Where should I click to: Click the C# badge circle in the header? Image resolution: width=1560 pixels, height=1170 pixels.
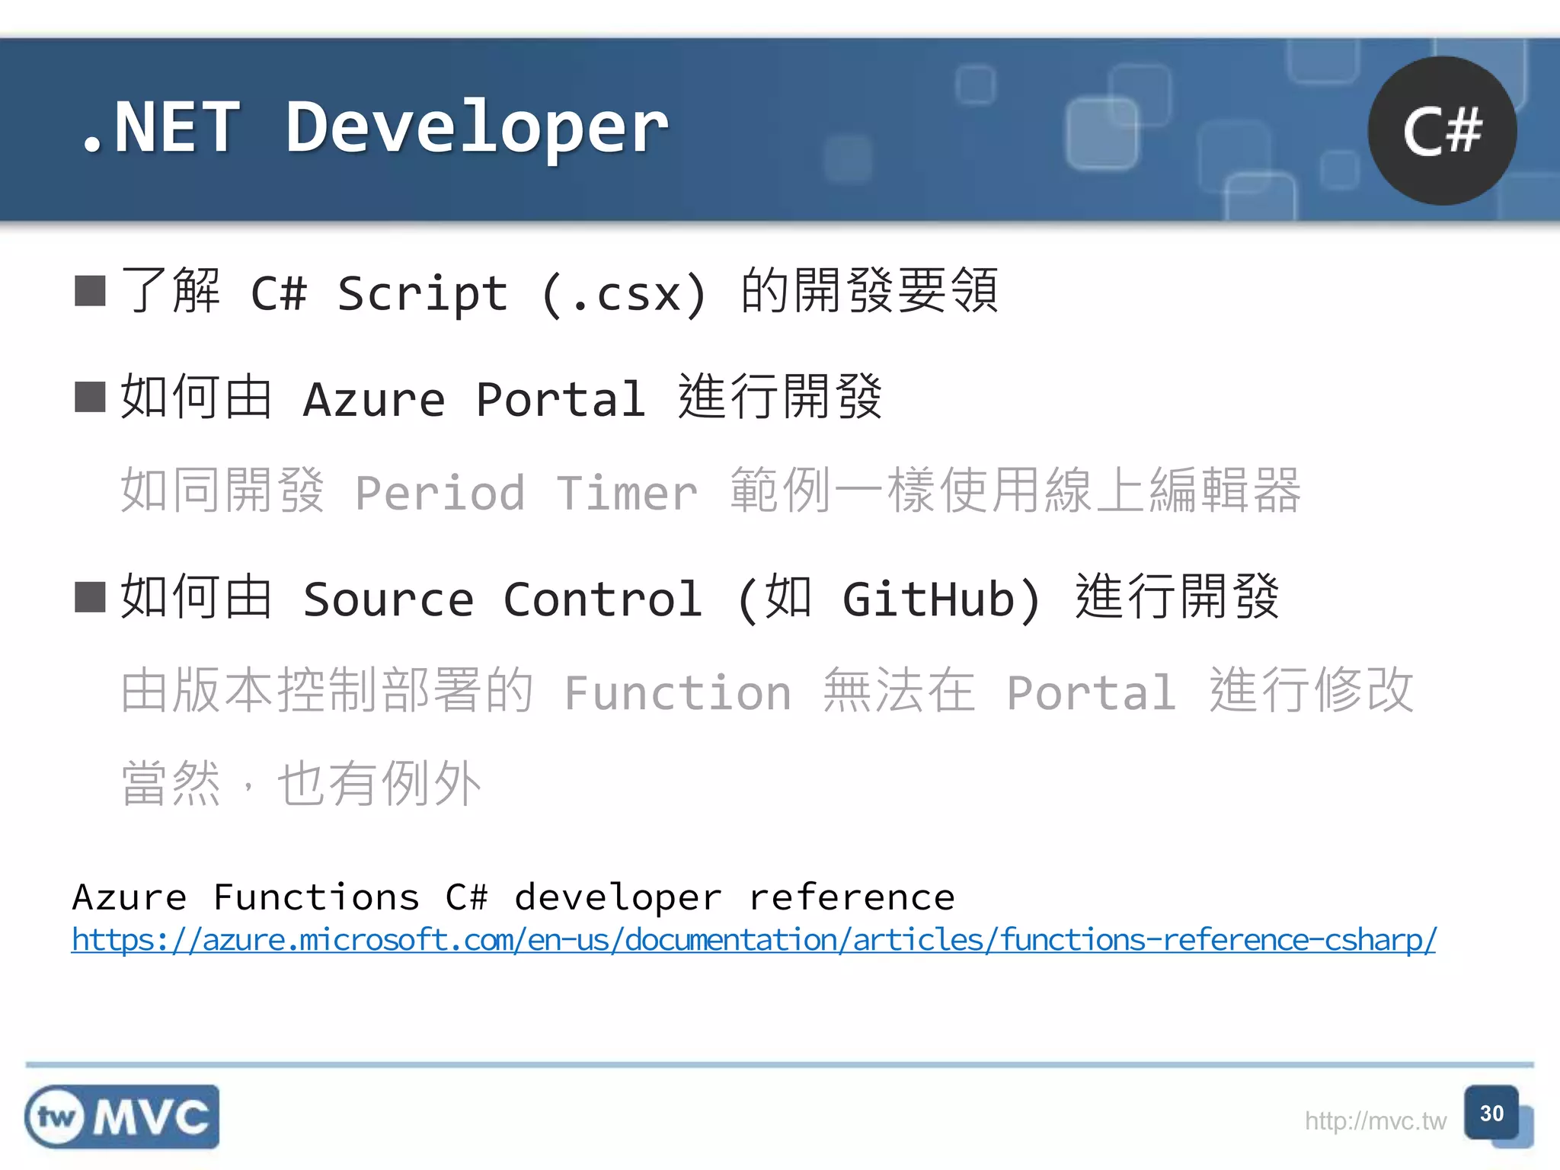tap(1442, 131)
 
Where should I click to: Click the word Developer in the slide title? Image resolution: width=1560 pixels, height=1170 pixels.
tap(477, 128)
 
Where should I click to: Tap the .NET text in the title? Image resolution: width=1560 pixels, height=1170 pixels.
tap(160, 128)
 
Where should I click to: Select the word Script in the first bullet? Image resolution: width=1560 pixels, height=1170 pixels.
tap(423, 294)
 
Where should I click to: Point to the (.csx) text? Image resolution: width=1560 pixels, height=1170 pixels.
tap(625, 294)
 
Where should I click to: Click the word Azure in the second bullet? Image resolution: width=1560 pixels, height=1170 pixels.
tap(374, 399)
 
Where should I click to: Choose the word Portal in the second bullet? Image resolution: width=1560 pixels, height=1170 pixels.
tap(561, 399)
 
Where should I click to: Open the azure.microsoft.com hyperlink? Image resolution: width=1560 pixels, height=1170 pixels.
tap(754, 940)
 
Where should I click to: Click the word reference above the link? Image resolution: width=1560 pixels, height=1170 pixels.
tap(852, 897)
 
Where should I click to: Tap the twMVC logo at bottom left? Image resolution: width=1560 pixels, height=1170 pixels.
tap(122, 1117)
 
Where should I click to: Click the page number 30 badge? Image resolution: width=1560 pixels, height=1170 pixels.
tap(1491, 1114)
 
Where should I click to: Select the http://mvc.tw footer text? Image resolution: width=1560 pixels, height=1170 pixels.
tap(1375, 1121)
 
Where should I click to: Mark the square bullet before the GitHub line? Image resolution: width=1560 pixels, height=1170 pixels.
tap(90, 597)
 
